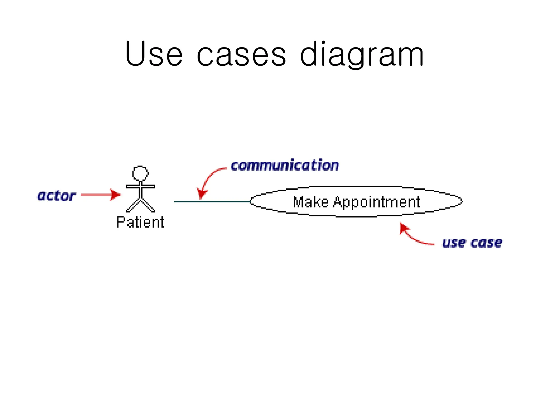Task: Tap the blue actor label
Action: click(56, 196)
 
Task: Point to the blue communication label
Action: click(285, 165)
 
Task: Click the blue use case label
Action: click(472, 243)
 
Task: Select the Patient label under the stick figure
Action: click(140, 222)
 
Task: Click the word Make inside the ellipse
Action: click(311, 202)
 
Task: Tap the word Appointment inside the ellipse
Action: click(376, 202)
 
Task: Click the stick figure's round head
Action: click(140, 173)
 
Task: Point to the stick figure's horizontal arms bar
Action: click(140, 186)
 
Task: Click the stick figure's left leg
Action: click(133, 205)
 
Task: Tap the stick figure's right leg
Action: click(148, 205)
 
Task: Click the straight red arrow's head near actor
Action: click(116, 195)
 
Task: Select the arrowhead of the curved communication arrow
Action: click(202, 193)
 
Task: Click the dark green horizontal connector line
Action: click(212, 201)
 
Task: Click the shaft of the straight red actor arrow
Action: click(95, 195)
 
